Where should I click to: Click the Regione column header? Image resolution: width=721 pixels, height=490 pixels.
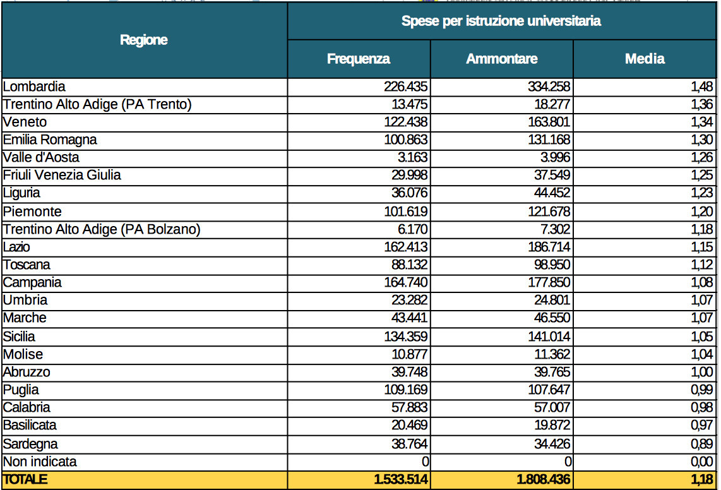coord(143,40)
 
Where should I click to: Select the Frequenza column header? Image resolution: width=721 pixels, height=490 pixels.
coord(358,59)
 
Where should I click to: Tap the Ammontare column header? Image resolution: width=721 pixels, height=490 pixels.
coord(502,59)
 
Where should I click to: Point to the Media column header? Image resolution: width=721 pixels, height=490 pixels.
coord(645,59)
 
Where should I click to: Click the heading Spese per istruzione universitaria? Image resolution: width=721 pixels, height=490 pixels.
coord(501,21)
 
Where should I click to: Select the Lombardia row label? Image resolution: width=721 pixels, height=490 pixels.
coord(34,87)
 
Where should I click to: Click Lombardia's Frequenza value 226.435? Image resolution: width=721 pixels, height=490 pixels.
coord(405,87)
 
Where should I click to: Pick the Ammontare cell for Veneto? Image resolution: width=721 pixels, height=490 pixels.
coord(549,122)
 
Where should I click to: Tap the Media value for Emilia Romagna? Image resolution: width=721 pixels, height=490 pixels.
coord(701,140)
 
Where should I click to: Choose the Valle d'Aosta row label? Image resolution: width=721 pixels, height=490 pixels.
coord(41,157)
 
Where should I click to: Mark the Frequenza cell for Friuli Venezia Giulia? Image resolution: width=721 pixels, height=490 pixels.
coord(409,175)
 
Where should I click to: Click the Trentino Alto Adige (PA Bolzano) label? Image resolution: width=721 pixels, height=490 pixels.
coord(102,229)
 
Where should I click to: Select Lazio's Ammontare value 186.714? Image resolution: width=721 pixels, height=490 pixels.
coord(549,247)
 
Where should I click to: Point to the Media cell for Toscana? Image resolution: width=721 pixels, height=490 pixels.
coord(701,265)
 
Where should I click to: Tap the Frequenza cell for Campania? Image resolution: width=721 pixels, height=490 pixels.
coord(405,282)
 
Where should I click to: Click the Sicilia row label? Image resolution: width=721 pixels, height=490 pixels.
coord(19,337)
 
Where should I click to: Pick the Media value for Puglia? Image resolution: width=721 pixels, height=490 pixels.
coord(701,390)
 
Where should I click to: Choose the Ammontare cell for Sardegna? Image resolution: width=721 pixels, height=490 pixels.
coord(552,444)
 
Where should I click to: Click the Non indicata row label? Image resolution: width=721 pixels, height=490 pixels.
coord(40,462)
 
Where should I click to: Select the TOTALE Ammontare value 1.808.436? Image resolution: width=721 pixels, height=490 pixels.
coord(544,479)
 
